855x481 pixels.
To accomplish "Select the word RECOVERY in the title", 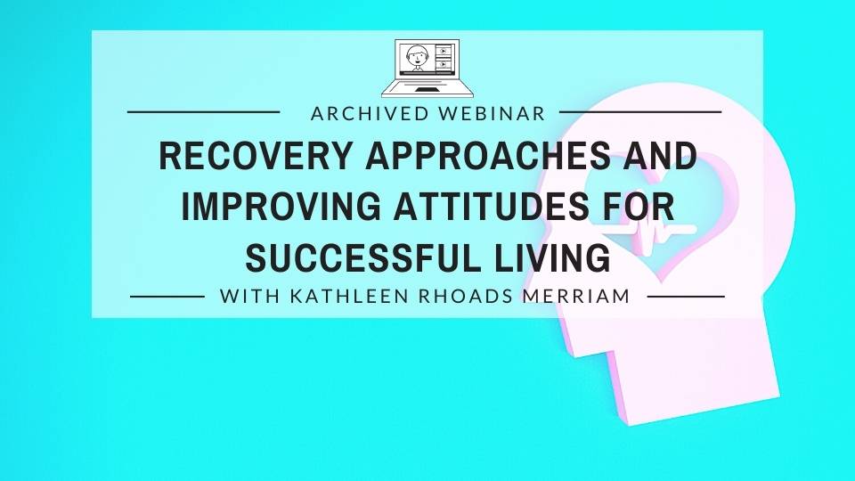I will tap(244, 158).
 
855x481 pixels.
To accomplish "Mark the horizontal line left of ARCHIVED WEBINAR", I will tap(204, 113).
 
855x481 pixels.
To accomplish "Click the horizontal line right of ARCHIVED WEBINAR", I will tap(639, 113).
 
